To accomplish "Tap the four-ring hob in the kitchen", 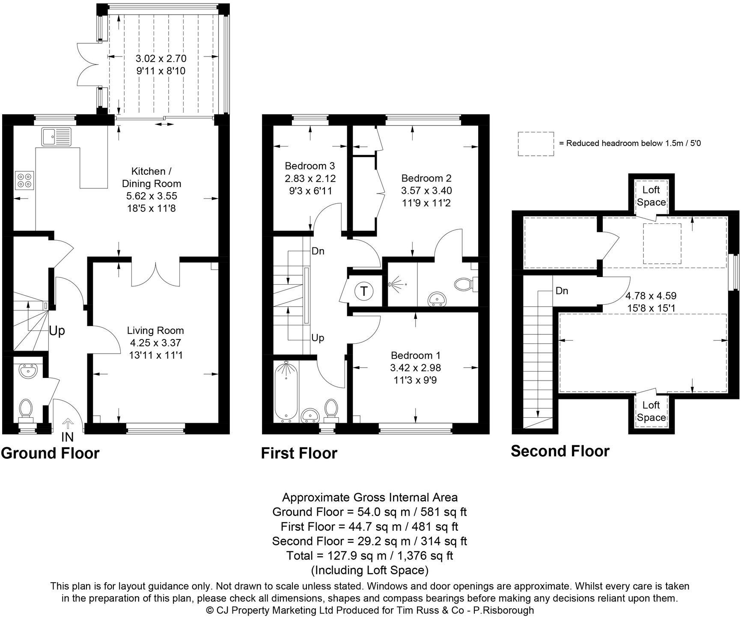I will coord(24,180).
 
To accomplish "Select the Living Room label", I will coord(155,330).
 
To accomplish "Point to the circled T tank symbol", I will coord(364,292).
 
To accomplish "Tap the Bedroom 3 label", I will coord(310,166).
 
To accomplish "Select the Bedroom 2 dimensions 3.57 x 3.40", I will coord(426,190).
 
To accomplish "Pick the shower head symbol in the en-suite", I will coord(395,284).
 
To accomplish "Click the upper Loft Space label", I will coord(651,196).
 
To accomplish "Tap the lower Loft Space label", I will coord(651,411).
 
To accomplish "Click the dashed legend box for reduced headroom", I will coord(535,144).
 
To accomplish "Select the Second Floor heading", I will coord(560,451).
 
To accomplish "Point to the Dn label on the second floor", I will coord(562,291).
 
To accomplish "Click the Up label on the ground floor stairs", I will coord(57,331).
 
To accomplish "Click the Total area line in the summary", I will coord(369,556).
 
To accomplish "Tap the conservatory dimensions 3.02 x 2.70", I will coord(161,58).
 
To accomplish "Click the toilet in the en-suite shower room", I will coord(462,284).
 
